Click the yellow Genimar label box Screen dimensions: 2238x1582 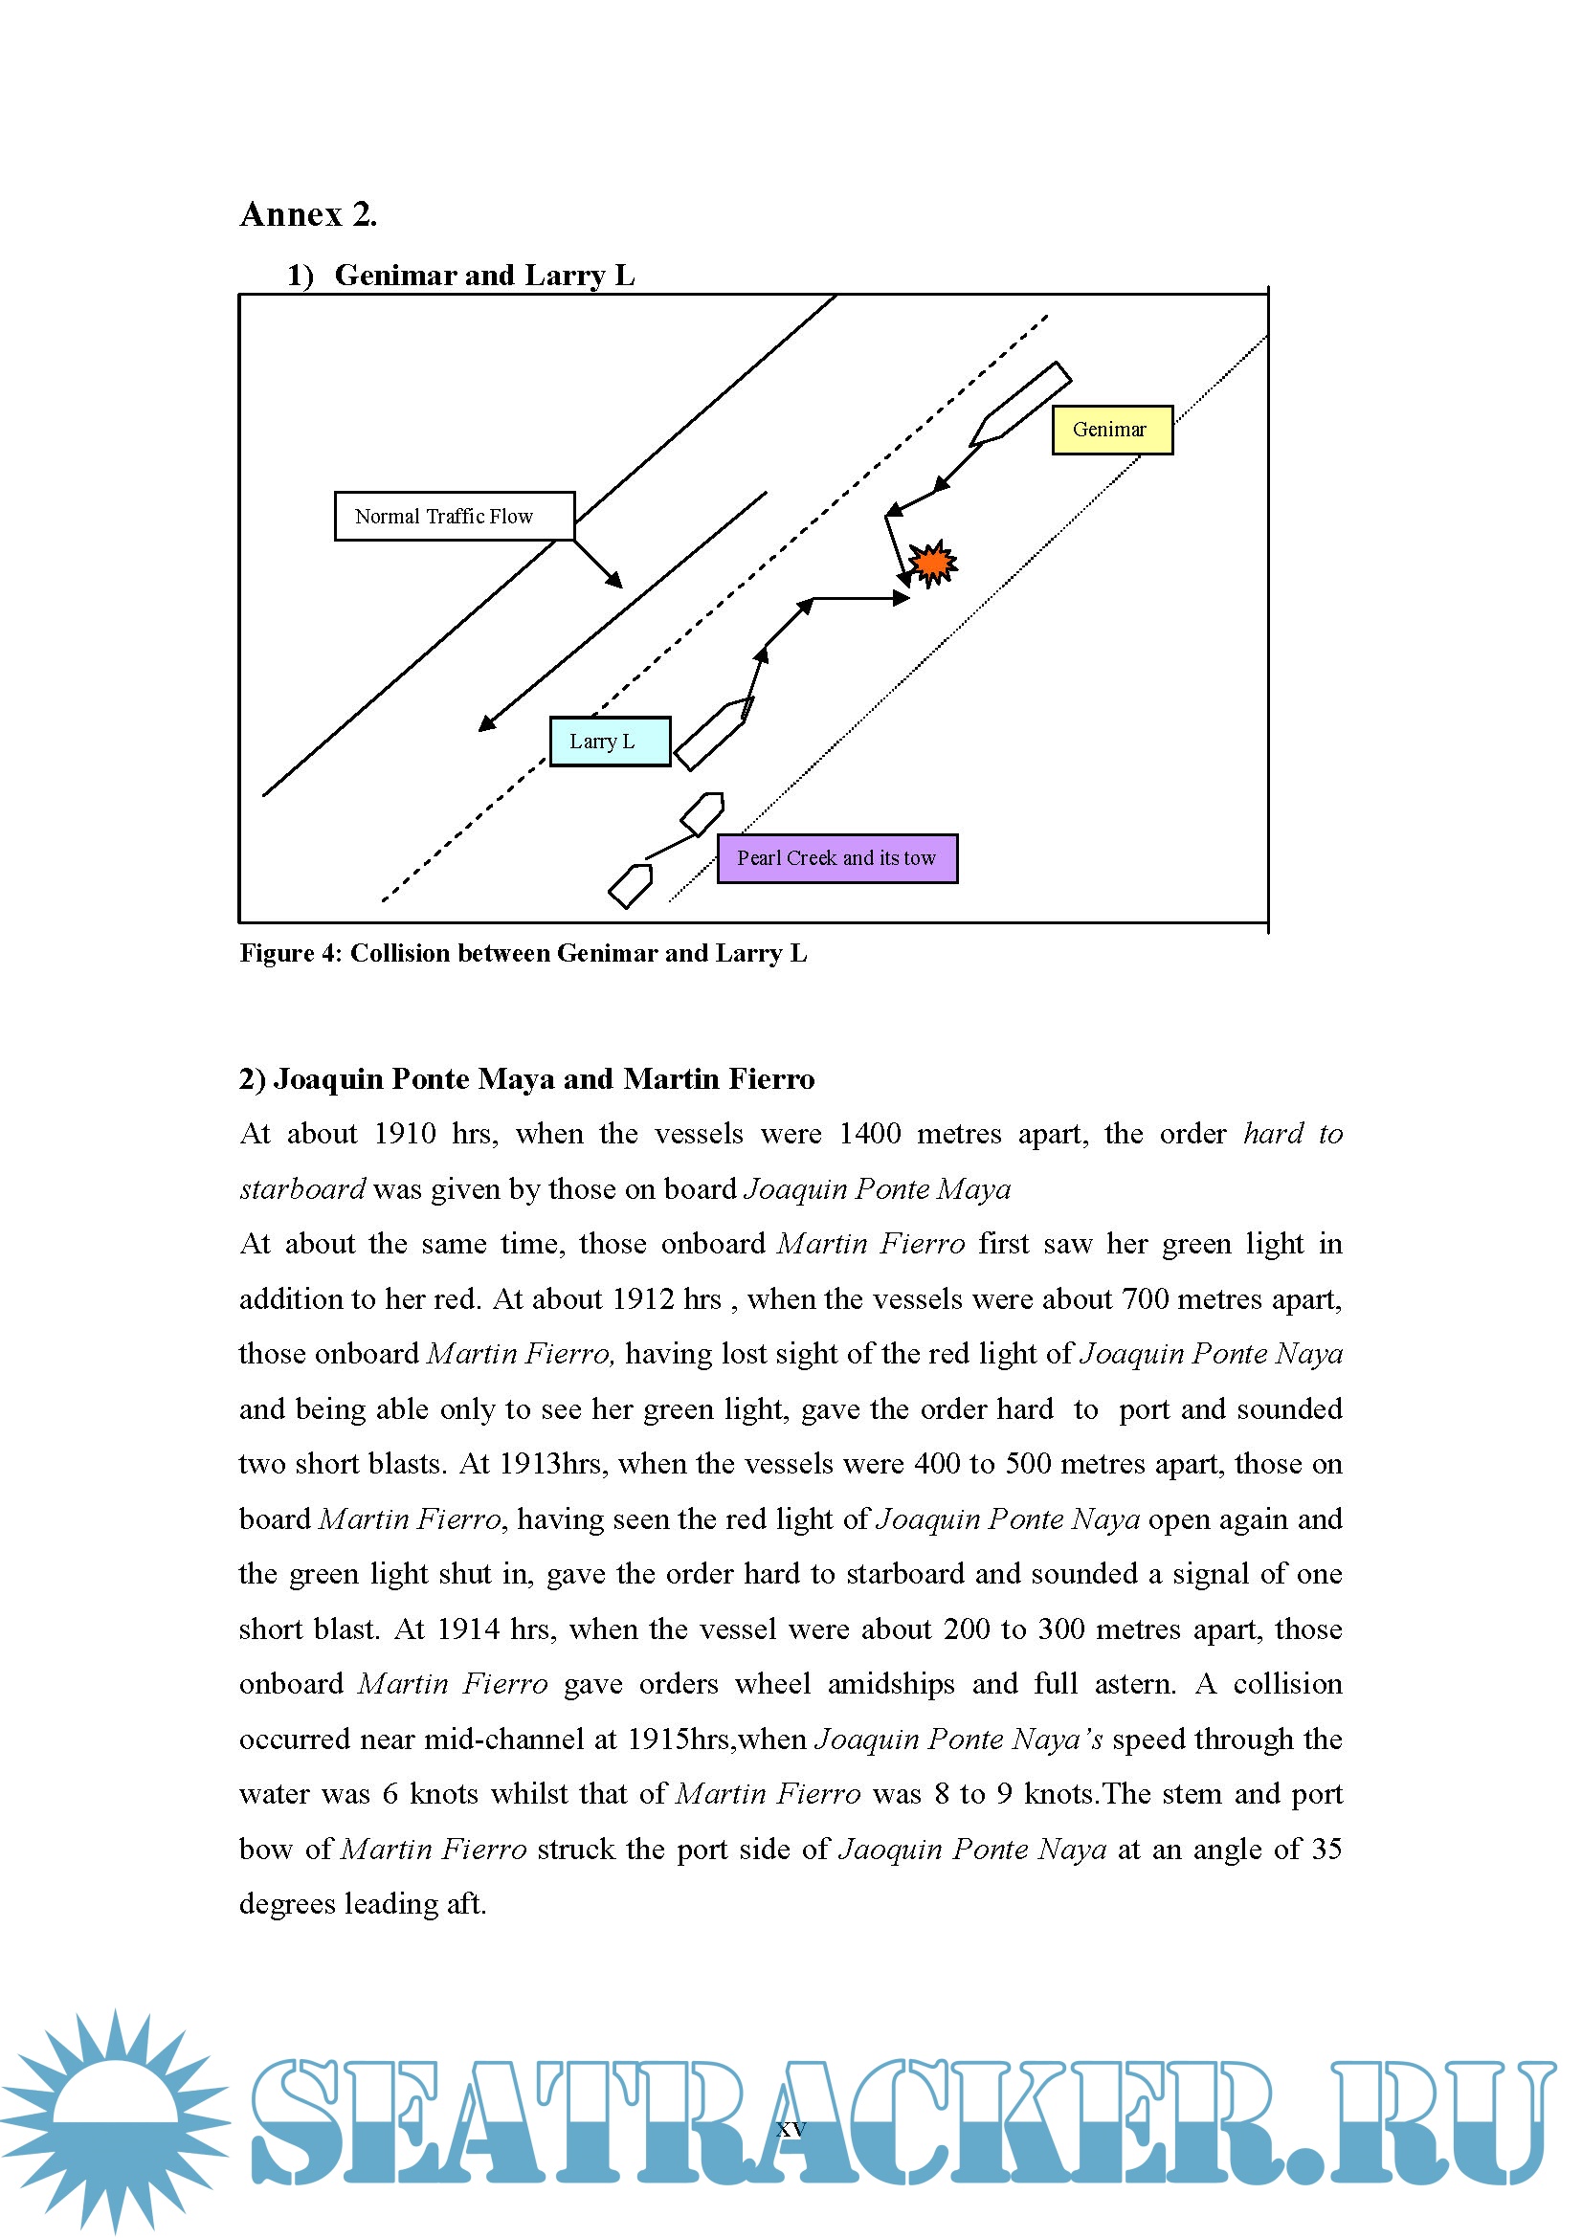point(1111,429)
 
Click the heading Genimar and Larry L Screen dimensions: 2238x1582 point(483,276)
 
